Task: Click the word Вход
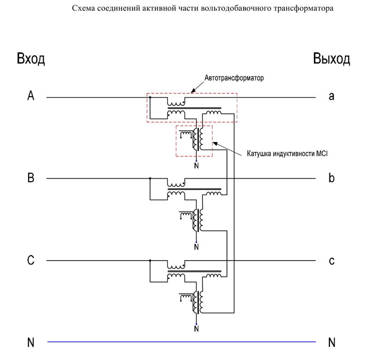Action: (31, 60)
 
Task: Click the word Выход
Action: (331, 60)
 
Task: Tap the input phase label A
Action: (31, 96)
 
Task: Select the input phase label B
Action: (31, 178)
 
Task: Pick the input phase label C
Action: (31, 261)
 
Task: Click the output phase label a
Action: (331, 97)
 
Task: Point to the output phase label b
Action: (331, 178)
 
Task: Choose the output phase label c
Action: (331, 261)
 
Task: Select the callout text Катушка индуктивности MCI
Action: (286, 153)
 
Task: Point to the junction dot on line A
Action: (150, 97)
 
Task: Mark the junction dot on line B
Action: (150, 179)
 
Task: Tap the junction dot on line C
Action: (150, 260)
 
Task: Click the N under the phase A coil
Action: (196, 165)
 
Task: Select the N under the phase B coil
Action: (196, 247)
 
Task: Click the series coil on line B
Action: (176, 183)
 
